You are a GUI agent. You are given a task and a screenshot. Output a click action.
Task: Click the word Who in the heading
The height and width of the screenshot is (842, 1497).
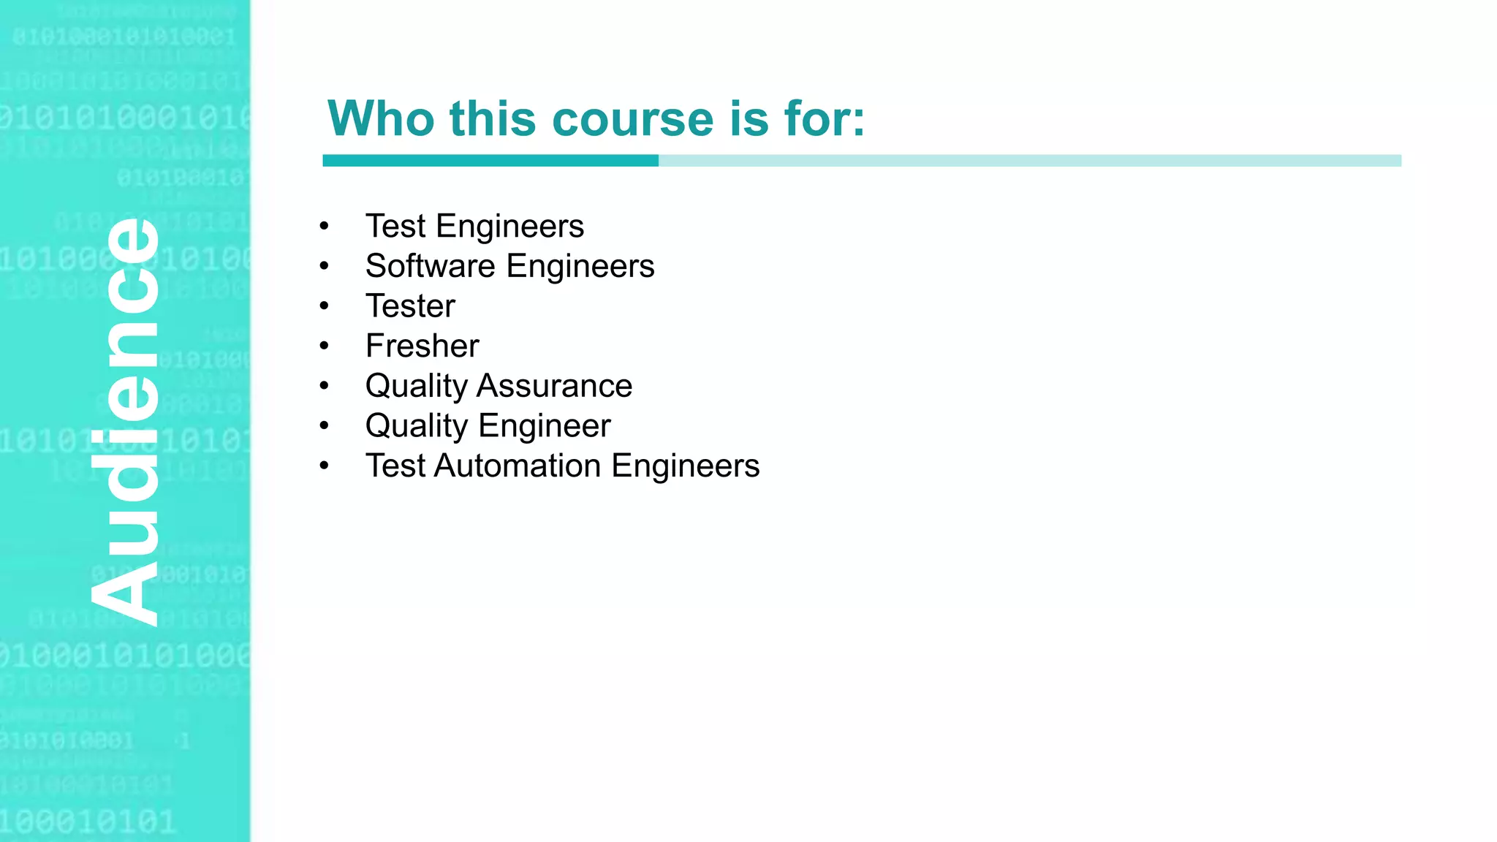coord(381,118)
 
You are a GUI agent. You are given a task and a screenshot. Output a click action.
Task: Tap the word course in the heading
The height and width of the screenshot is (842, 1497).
coord(633,118)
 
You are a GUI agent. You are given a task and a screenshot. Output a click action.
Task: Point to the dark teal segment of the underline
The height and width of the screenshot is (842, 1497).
coord(490,161)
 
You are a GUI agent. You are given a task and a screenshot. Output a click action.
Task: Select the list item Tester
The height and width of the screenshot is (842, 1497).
coord(410,306)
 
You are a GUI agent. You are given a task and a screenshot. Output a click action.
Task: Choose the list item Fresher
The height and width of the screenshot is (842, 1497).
coord(422,346)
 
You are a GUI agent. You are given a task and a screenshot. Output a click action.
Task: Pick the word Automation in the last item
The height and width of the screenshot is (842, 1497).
coord(518,466)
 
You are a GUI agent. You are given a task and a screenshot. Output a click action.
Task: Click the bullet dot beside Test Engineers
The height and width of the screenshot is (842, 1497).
coord(325,227)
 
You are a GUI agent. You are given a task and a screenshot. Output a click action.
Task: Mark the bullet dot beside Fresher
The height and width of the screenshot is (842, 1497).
coord(325,346)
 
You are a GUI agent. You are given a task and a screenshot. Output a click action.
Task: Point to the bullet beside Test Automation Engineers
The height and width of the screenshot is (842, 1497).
coord(325,466)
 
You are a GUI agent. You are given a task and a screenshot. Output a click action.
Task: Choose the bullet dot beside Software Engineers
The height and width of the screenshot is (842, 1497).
coord(325,266)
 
